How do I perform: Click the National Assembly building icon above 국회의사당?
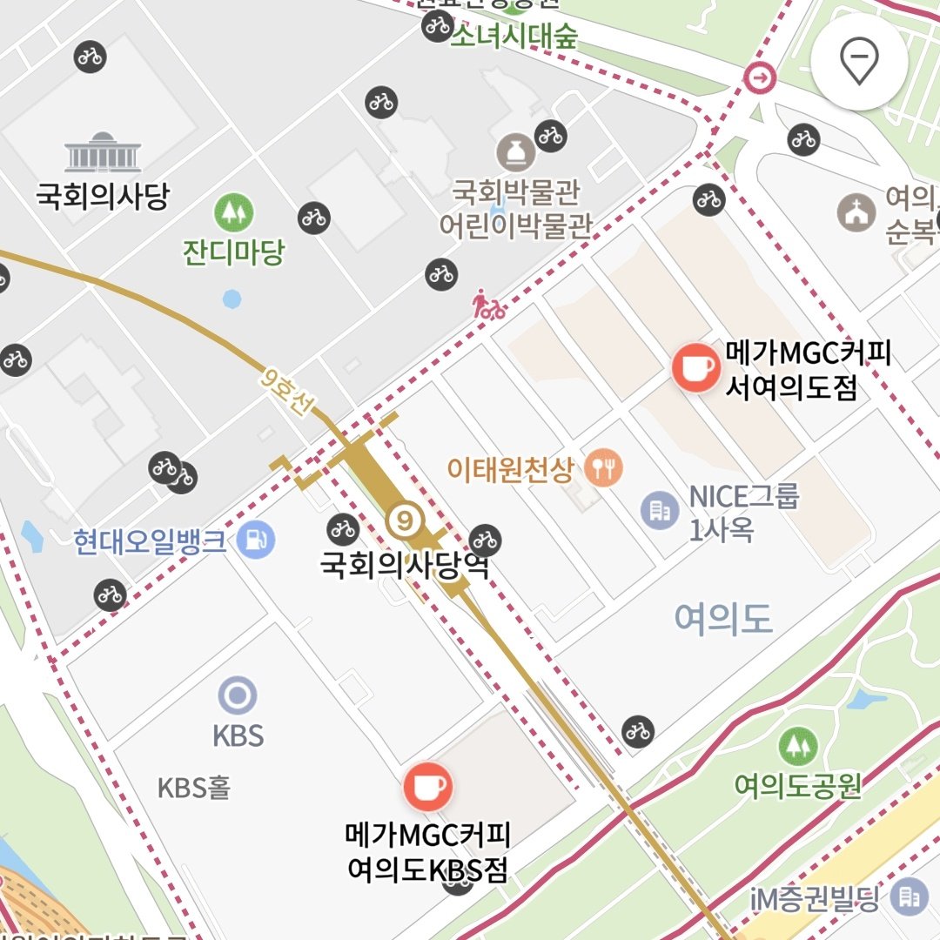click(x=103, y=152)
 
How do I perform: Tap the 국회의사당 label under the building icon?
click(x=102, y=196)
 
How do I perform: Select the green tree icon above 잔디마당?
click(x=233, y=211)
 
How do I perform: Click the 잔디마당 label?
click(x=233, y=252)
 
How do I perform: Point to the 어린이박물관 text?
click(x=515, y=226)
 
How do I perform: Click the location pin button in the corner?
click(x=859, y=62)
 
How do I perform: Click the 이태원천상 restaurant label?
click(x=511, y=471)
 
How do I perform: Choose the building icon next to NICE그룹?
click(x=660, y=510)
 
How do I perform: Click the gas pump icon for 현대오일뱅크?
click(x=256, y=540)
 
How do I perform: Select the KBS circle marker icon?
click(x=238, y=695)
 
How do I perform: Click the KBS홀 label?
click(x=194, y=789)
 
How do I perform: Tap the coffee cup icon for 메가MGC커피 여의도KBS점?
click(x=427, y=787)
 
